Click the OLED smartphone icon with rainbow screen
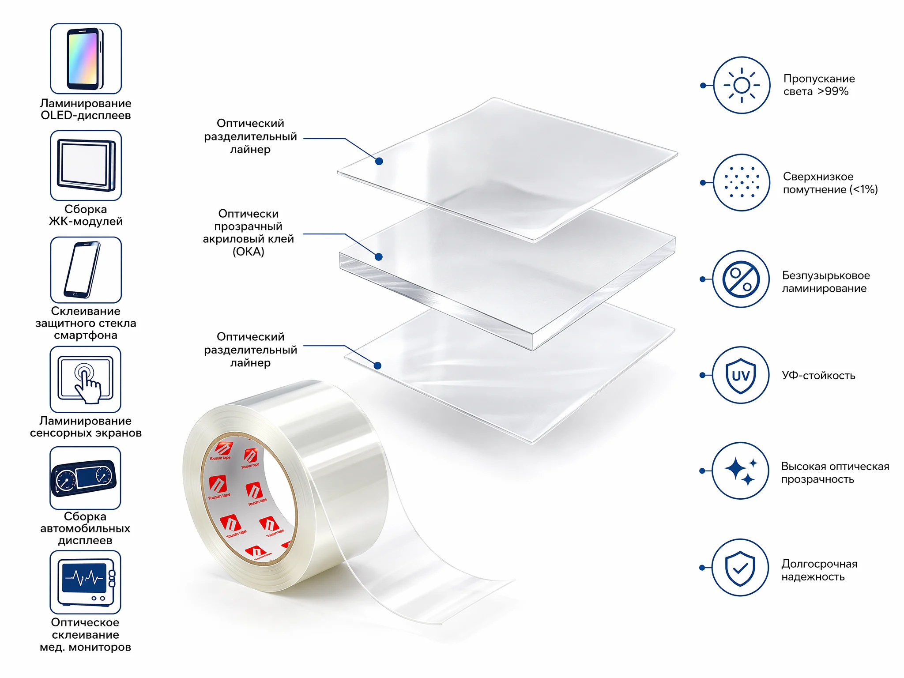86,59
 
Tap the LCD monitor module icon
86,166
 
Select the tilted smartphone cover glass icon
86,270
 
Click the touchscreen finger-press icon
85,380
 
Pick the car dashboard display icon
85,478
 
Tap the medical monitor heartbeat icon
85,582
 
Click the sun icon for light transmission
742,85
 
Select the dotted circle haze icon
742,182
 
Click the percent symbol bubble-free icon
741,279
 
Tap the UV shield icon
741,375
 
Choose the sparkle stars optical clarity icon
741,471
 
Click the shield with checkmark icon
740,568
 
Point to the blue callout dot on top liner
379,162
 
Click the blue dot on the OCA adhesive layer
378,257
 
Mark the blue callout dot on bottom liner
377,365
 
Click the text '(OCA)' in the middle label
249,252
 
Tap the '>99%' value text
833,91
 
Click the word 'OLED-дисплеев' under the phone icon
86,116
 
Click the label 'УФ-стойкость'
819,376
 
